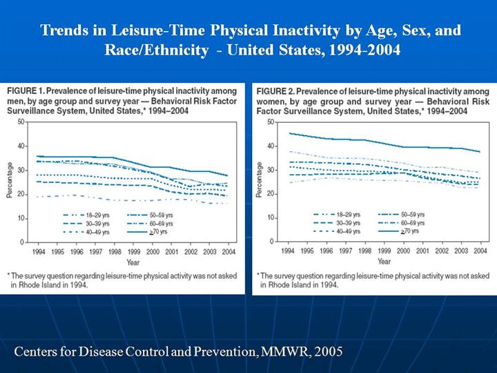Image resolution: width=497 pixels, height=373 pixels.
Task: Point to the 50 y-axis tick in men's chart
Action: coord(21,122)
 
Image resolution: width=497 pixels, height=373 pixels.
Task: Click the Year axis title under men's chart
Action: coord(130,262)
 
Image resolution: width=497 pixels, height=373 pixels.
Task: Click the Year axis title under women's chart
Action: coord(384,262)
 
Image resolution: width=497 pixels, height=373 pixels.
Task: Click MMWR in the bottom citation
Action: coord(260,351)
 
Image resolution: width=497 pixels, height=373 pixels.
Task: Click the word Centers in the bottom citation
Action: coord(37,351)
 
